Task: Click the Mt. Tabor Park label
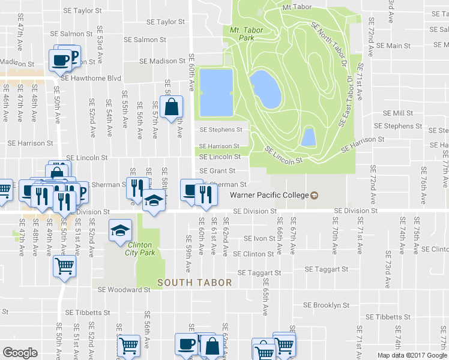(243, 34)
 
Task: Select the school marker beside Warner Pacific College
(314, 195)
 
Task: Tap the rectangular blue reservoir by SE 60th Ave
(215, 92)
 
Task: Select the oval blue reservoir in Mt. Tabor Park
(265, 89)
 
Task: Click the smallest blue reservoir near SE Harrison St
(308, 137)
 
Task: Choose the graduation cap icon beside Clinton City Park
(120, 231)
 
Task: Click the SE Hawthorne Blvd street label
(91, 79)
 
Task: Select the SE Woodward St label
(124, 290)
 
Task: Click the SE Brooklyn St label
(326, 305)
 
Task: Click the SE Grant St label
(217, 171)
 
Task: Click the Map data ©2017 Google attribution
(412, 355)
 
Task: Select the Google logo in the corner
(20, 353)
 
